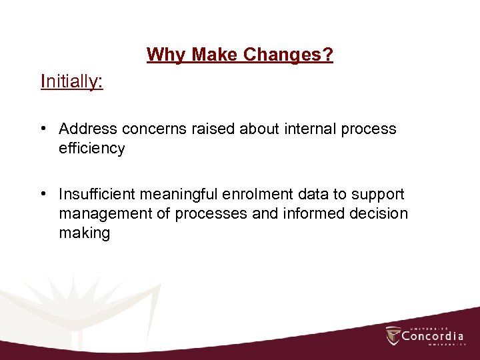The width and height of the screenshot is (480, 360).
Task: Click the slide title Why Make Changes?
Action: click(240, 54)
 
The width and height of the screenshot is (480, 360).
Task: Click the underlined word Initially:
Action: click(72, 81)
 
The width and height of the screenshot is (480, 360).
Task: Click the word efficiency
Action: click(91, 149)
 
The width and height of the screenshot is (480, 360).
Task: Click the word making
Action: click(84, 233)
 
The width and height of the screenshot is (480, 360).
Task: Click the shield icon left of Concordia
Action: click(393, 335)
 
